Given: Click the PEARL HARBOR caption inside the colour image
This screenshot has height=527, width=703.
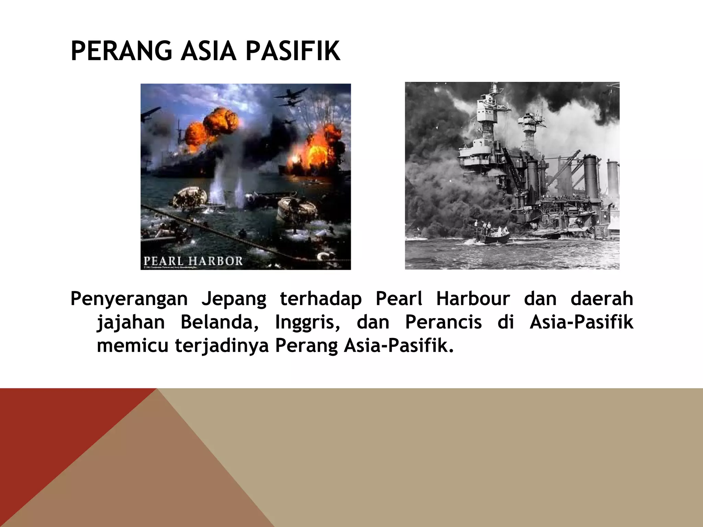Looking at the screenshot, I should point(193,261).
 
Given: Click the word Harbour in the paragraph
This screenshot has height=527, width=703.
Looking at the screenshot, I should point(473,298).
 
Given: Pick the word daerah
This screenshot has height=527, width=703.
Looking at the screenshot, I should point(602,298).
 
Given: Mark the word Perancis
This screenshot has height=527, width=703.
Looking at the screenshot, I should point(443,323).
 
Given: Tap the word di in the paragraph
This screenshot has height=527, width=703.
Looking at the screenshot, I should point(506,323).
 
